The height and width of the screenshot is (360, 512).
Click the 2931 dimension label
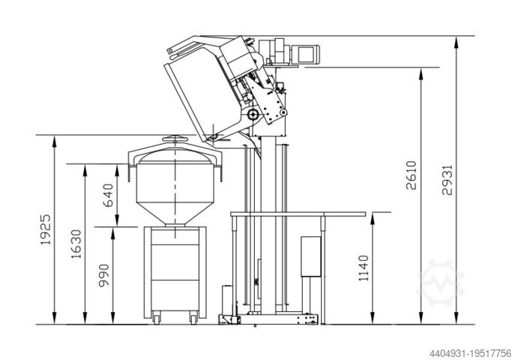tap(448, 180)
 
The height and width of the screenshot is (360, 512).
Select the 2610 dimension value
tap(412, 175)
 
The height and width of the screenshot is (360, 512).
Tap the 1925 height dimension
tap(46, 229)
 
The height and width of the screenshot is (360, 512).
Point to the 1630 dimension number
tap(76, 244)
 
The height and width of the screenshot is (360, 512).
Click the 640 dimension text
tap(108, 195)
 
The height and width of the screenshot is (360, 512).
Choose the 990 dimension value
tap(104, 276)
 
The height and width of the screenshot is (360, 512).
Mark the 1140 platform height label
tap(364, 268)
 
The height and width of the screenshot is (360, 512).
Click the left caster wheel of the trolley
tap(157, 317)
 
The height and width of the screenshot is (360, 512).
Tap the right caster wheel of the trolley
tap(194, 317)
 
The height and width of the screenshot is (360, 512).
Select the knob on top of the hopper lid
tap(175, 139)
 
